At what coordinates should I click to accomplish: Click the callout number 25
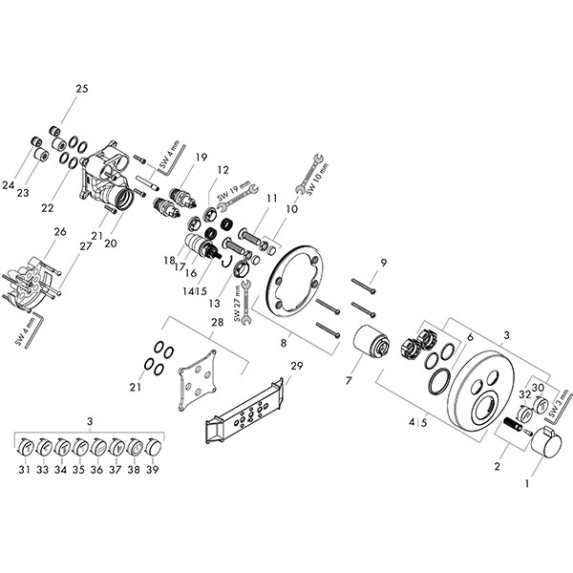coord(81,89)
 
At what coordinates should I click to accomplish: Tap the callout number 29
coord(296,367)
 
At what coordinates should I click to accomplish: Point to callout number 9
coord(383,263)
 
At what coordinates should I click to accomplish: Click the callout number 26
coord(59,231)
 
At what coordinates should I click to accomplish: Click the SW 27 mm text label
coord(236,308)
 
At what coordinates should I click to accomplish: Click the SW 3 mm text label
coord(562,396)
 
